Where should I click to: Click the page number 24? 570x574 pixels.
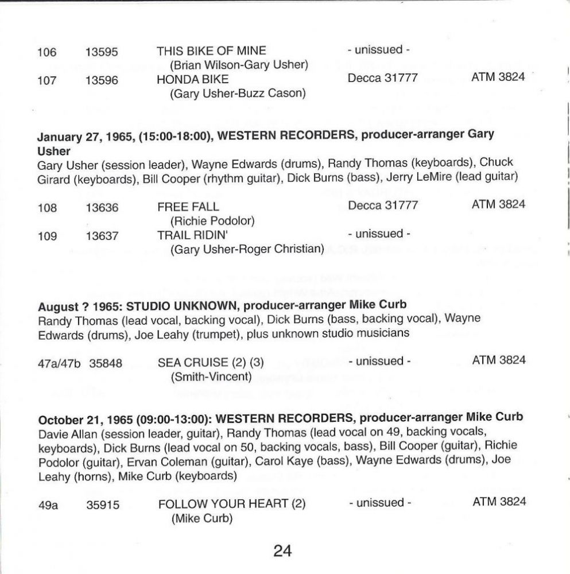pos(282,551)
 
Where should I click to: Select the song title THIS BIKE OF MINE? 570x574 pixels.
pos(211,51)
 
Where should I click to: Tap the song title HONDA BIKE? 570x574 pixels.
pos(192,79)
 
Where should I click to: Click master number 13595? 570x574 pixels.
pos(102,52)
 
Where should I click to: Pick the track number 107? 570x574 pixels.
pos(47,80)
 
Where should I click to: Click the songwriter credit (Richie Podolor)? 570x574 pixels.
pos(212,220)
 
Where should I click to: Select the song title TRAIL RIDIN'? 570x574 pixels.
pos(193,234)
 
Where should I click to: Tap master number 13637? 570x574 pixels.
pos(102,235)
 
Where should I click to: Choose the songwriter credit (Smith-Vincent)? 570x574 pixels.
pos(211,377)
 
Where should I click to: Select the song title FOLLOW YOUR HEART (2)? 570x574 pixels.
pos(232,503)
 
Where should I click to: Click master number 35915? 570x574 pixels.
pos(103,504)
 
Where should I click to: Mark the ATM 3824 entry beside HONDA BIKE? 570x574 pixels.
pos(498,77)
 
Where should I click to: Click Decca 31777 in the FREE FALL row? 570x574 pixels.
pos(382,205)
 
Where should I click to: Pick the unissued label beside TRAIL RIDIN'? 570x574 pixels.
pos(379,234)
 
